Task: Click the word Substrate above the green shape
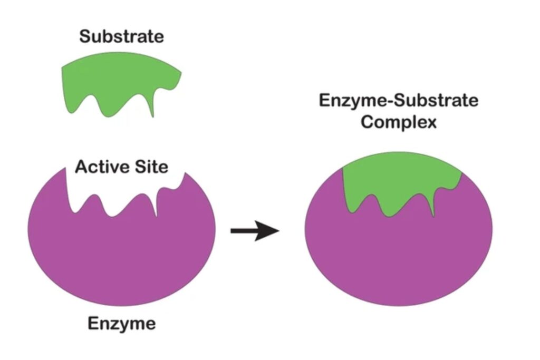[x=122, y=36]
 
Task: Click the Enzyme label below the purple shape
[x=122, y=324]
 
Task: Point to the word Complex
[x=399, y=122]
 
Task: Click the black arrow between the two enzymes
[x=255, y=230]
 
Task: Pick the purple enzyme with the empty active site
[x=122, y=248]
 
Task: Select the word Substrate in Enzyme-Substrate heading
[x=436, y=101]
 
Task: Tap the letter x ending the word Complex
[x=431, y=123]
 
